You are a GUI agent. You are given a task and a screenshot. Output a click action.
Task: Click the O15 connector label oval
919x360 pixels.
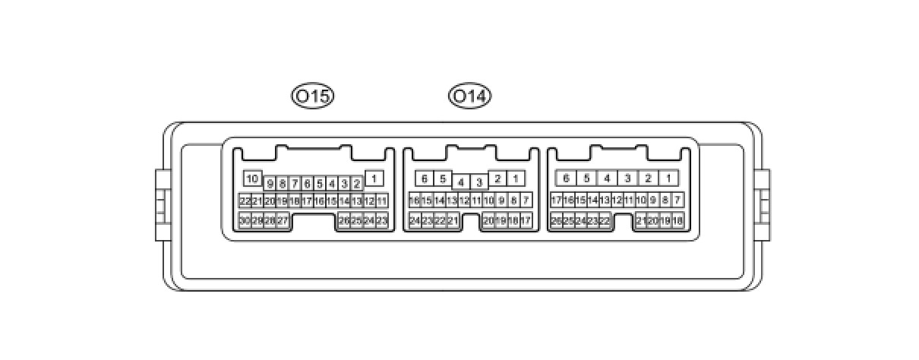(x=313, y=96)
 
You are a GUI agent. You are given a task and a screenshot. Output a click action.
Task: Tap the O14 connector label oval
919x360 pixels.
(x=470, y=96)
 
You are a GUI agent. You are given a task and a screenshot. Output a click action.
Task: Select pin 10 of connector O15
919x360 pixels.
(x=253, y=178)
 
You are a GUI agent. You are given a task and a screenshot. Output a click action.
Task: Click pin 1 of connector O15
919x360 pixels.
(x=374, y=178)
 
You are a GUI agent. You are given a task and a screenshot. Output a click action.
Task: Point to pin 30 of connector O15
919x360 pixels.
(x=245, y=220)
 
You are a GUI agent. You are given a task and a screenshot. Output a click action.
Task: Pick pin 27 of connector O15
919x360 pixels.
(x=282, y=220)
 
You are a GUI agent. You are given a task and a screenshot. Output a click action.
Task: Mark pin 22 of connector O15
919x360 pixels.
(x=245, y=201)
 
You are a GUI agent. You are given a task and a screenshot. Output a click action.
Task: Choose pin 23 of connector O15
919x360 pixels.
(x=381, y=220)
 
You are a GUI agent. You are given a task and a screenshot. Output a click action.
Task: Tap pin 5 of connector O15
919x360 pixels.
(x=319, y=183)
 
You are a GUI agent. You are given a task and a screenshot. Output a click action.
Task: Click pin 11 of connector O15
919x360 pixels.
(x=381, y=201)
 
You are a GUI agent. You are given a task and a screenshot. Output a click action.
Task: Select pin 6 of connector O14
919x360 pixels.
(x=425, y=178)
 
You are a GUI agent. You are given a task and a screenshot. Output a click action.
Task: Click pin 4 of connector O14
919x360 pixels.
(x=461, y=182)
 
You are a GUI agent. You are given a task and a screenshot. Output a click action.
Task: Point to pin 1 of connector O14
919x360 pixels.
(x=516, y=178)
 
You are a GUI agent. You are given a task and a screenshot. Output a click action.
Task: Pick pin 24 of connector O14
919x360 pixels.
(x=415, y=220)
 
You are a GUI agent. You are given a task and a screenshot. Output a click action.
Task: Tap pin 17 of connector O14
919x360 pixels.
(x=526, y=220)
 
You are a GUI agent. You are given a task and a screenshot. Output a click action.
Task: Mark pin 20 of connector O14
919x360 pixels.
(x=488, y=220)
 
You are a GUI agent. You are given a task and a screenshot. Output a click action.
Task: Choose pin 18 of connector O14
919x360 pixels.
(x=415, y=201)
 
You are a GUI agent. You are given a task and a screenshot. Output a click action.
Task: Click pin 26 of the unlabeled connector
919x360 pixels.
(x=556, y=220)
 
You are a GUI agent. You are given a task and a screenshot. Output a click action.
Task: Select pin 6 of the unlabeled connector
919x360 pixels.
(x=565, y=178)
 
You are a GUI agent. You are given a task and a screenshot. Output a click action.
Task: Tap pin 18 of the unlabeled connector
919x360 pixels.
(x=677, y=220)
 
